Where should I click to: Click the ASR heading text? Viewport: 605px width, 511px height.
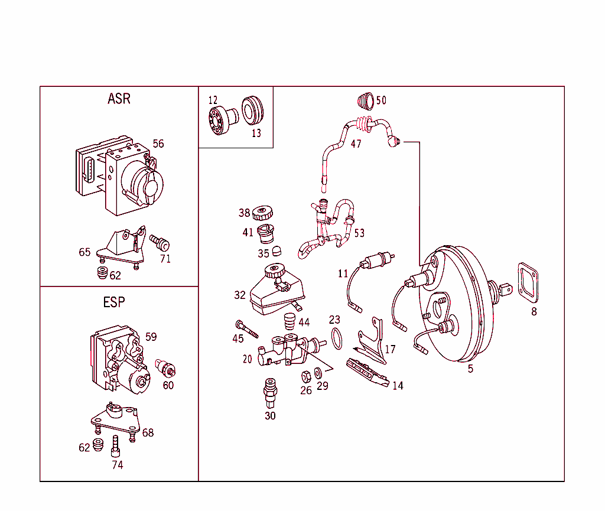coord(119,99)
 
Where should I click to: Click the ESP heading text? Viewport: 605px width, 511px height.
coord(114,302)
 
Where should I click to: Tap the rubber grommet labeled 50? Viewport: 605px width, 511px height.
coord(365,101)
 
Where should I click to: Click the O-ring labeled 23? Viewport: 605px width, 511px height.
coord(336,339)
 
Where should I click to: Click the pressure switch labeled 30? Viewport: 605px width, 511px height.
coord(271,392)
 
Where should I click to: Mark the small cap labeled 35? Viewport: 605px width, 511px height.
coord(276,251)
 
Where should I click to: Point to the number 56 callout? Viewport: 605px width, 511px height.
coord(158,144)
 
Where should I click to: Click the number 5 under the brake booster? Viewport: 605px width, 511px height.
coord(470,370)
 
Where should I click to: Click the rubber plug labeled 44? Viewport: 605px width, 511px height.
coord(290,323)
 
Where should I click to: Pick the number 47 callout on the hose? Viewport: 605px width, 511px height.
coord(356,144)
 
